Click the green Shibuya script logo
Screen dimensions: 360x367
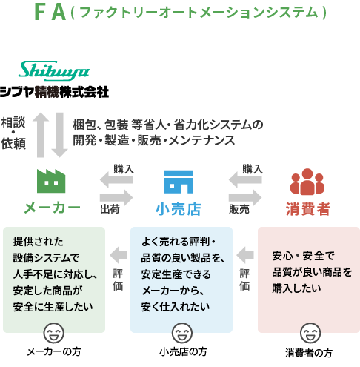pyautogui.click(x=54, y=70)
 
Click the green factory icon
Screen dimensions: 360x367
pyautogui.click(x=51, y=181)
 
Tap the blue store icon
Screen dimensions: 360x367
pyautogui.click(x=179, y=182)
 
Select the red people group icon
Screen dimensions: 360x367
pyautogui.click(x=307, y=182)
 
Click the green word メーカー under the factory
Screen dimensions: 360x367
pyautogui.click(x=52, y=208)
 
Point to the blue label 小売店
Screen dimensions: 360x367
pyautogui.click(x=179, y=209)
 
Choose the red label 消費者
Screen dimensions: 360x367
pyautogui.click(x=308, y=209)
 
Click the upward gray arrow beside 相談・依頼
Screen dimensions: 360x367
pyautogui.click(x=41, y=135)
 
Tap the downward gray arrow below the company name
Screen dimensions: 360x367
pyautogui.click(x=59, y=135)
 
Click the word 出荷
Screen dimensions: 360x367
pyautogui.click(x=110, y=209)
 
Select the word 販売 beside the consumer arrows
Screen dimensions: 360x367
pyautogui.click(x=239, y=209)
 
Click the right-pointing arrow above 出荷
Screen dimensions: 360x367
pyautogui.click(x=116, y=197)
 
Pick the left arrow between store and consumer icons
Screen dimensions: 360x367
pyautogui.click(x=245, y=179)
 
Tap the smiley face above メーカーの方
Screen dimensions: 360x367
pyautogui.click(x=53, y=333)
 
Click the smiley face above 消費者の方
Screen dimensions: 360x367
pyautogui.click(x=310, y=333)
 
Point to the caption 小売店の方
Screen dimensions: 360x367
pyautogui.click(x=183, y=351)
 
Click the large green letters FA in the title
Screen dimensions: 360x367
pyautogui.click(x=50, y=12)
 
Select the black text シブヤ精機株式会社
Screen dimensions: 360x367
pyautogui.click(x=54, y=92)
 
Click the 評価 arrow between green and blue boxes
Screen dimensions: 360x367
pyautogui.click(x=119, y=255)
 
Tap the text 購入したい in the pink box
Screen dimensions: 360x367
pyautogui.click(x=296, y=288)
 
